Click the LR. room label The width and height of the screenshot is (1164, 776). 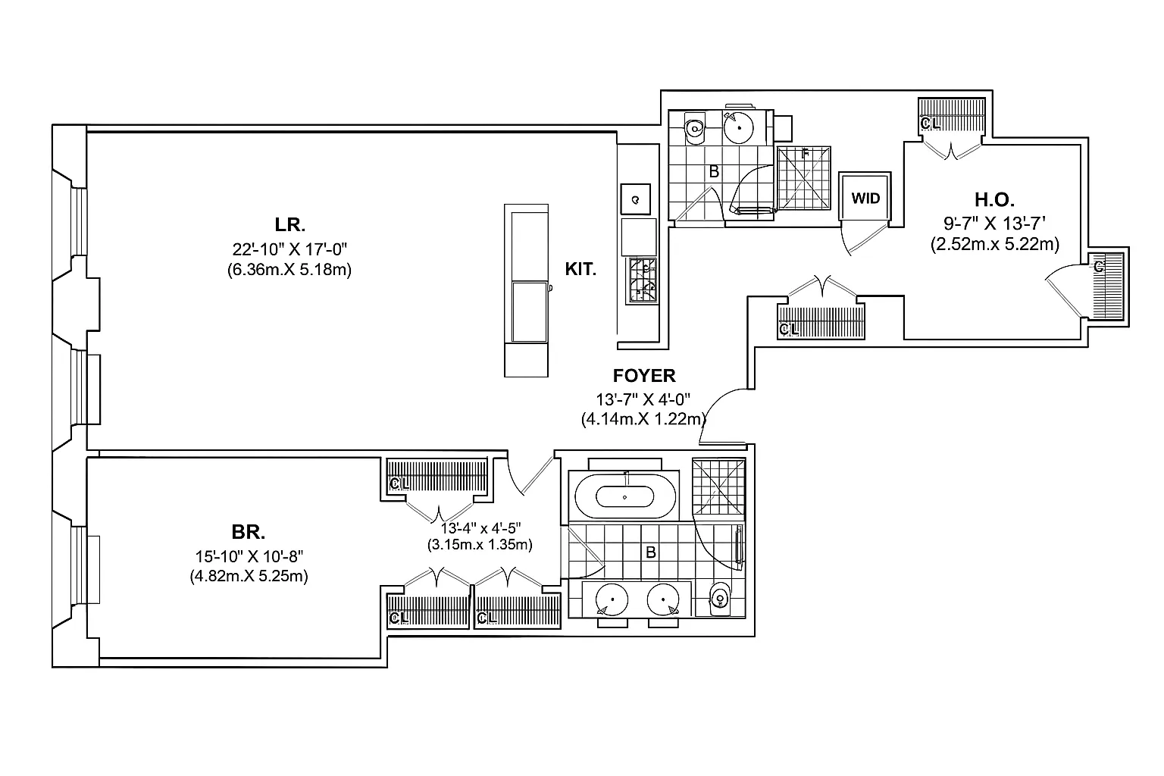click(x=289, y=224)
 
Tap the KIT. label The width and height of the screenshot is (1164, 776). click(x=580, y=268)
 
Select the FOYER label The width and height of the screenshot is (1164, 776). click(x=643, y=375)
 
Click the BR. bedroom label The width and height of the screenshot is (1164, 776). click(x=249, y=530)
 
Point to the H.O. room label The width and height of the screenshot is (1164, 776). click(x=994, y=200)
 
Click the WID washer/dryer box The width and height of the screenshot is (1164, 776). click(x=865, y=199)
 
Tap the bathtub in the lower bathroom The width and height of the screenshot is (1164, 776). click(x=624, y=496)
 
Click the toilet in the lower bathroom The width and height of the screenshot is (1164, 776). click(x=719, y=599)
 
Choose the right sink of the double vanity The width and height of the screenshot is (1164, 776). click(x=664, y=600)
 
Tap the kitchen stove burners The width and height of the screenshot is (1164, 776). click(x=641, y=280)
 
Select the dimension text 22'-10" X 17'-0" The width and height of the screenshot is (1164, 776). click(x=289, y=249)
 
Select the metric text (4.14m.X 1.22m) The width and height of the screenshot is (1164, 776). click(x=643, y=418)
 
